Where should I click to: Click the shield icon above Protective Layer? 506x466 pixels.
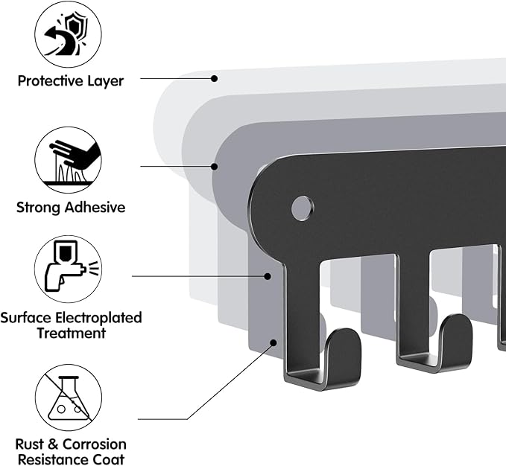(x=69, y=34)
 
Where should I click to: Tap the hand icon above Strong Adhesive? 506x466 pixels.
(x=69, y=159)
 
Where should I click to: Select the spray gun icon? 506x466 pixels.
(x=69, y=269)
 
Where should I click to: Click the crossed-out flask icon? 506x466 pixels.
(x=69, y=398)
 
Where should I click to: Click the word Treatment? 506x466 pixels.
(x=71, y=333)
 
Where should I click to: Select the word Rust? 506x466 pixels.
(x=31, y=444)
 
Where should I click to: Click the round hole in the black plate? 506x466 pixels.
(x=302, y=208)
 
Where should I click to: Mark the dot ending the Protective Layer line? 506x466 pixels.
(x=214, y=77)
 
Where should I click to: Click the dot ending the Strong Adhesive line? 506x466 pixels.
(x=215, y=165)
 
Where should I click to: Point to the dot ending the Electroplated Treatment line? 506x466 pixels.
(x=268, y=276)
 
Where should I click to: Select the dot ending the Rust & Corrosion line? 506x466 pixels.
(x=273, y=343)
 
